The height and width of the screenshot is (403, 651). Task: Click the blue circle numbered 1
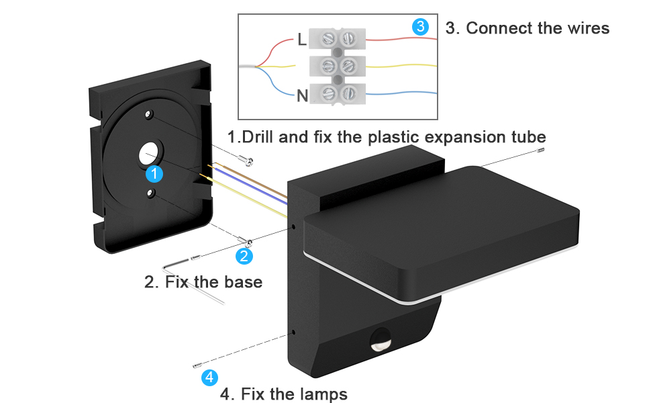coord(154,174)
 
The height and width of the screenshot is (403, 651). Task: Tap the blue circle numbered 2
coord(244,256)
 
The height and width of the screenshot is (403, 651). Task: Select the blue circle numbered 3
coord(420,27)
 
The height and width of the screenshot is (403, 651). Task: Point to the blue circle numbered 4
coord(209,377)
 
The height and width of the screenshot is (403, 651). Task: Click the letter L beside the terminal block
coord(302,40)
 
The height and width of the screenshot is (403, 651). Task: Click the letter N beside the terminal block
coord(302,96)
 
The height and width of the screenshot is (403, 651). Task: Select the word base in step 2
coord(244,282)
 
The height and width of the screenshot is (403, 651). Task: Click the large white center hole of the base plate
coord(148,154)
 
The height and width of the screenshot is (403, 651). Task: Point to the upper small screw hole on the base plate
coord(148,114)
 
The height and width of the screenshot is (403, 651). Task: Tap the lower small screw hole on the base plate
coord(151,193)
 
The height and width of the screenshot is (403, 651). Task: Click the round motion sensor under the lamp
coord(380,339)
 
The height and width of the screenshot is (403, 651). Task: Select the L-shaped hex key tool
coord(192,281)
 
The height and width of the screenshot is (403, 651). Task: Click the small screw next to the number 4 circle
coord(197,365)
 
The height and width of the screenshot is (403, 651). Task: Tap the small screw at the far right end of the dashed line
coord(540,150)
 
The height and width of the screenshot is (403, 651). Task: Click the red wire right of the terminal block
coord(401,39)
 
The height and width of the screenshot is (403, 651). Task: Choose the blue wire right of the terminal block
coord(401,93)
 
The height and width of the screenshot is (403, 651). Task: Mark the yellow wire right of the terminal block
coord(401,66)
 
